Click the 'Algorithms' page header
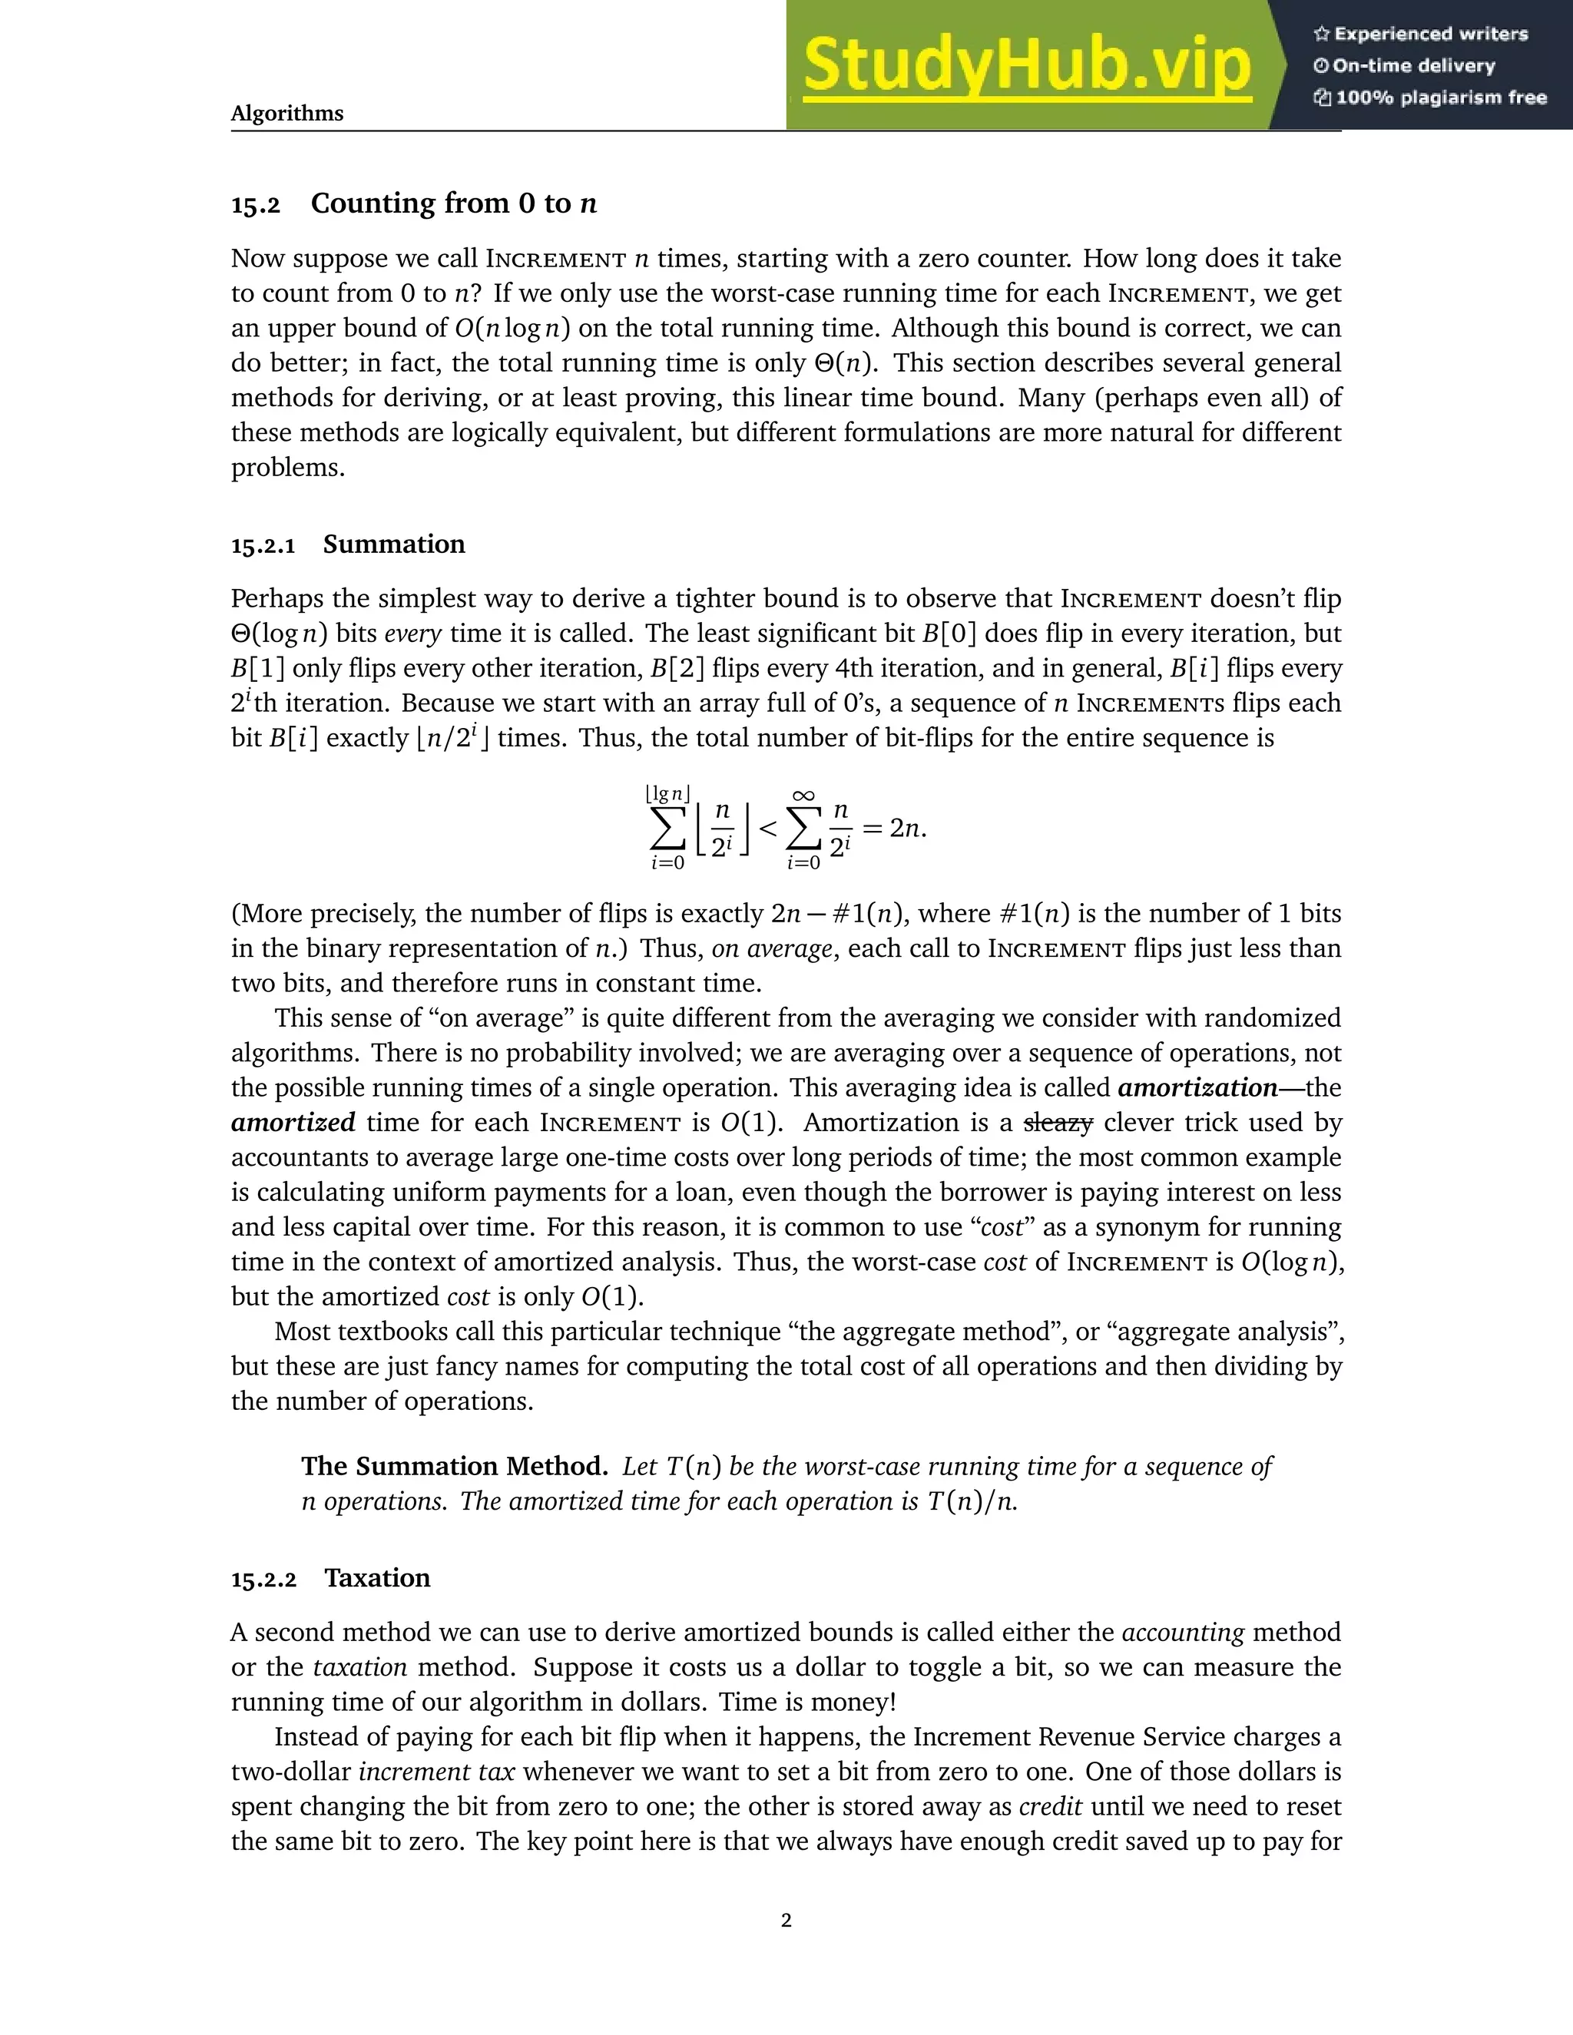pyautogui.click(x=287, y=114)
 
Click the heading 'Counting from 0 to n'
pyautogui.click(x=454, y=203)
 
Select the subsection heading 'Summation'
pyautogui.click(x=393, y=544)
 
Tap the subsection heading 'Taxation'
pyautogui.click(x=377, y=1577)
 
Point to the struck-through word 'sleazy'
pyautogui.click(x=1057, y=1123)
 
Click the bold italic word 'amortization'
pyautogui.click(x=1197, y=1087)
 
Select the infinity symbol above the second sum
pyautogui.click(x=803, y=795)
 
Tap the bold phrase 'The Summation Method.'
pyautogui.click(x=455, y=1467)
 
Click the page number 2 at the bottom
pyautogui.click(x=786, y=1920)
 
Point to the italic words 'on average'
pyautogui.click(x=772, y=948)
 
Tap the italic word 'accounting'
pyautogui.click(x=1183, y=1633)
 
